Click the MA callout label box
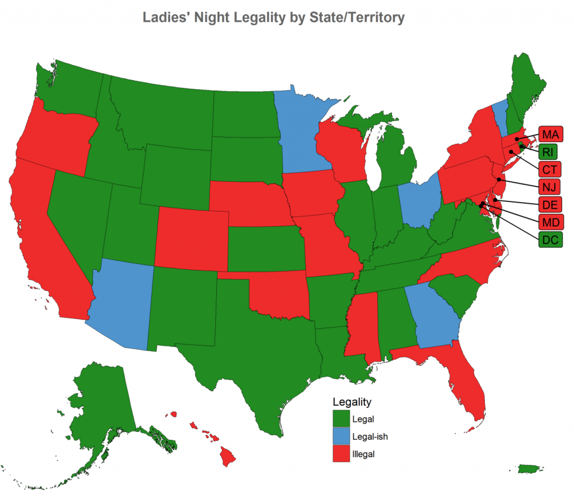click(x=550, y=135)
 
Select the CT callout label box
click(x=549, y=169)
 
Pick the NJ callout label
click(x=549, y=187)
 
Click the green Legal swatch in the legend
click(x=341, y=418)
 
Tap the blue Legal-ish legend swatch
click(x=341, y=436)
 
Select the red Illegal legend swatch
click(x=341, y=454)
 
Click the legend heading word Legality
click(x=351, y=402)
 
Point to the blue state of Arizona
click(x=121, y=303)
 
